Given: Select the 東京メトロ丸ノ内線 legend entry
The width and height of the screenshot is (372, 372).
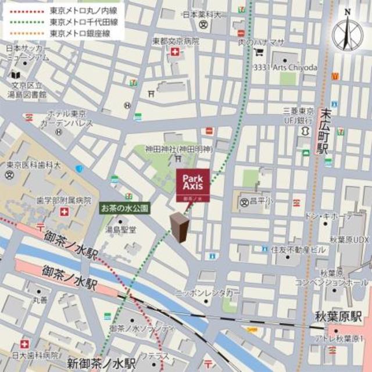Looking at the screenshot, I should pyautogui.click(x=78, y=10).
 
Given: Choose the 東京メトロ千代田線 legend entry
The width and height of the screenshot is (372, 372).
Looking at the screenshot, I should pyautogui.click(x=78, y=22).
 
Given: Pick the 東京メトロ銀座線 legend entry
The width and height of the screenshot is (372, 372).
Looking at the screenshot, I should pyautogui.click(x=78, y=33).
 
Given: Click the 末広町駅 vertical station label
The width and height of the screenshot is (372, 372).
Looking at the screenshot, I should pyautogui.click(x=323, y=134).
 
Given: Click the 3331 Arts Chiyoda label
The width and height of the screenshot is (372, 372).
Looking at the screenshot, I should pyautogui.click(x=285, y=68).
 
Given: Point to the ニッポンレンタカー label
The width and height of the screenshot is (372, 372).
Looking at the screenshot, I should pyautogui.click(x=207, y=294).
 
